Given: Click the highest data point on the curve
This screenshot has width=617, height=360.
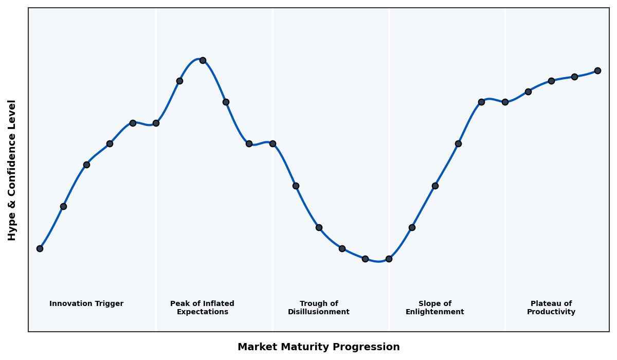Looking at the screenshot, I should (x=203, y=60).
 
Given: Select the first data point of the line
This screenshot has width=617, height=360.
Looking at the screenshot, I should (x=40, y=248).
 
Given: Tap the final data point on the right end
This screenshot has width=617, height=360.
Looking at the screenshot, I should (x=597, y=70).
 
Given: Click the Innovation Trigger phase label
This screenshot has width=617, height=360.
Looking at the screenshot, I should (x=86, y=304).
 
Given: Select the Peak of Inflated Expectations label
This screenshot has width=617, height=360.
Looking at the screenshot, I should (x=202, y=308).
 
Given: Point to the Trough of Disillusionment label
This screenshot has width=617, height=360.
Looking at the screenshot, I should (x=318, y=308).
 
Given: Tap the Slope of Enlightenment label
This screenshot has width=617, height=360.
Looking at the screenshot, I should (x=434, y=308).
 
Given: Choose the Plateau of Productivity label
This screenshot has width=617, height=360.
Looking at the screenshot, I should (x=551, y=308).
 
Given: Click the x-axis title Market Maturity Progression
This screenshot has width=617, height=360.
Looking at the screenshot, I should (x=318, y=347).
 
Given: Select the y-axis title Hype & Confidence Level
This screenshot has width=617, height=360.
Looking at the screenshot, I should (x=12, y=170).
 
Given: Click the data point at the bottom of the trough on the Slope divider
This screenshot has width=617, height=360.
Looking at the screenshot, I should (x=389, y=259).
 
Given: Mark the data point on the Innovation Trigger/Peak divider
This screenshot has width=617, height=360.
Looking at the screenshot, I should (x=156, y=123).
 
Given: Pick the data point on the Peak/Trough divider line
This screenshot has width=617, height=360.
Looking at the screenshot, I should (x=273, y=143).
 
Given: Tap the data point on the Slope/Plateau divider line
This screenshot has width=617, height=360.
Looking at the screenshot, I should (x=505, y=102).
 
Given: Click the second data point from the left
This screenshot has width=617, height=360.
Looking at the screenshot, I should (x=63, y=206).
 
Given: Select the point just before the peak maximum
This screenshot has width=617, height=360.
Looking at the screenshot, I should (x=179, y=81).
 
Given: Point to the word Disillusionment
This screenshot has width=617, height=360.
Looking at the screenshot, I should (x=318, y=312).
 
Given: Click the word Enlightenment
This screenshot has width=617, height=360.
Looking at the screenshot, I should (x=434, y=312).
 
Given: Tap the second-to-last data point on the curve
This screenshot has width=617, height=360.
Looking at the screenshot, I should (x=574, y=77).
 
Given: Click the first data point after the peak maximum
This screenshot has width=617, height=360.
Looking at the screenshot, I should (x=226, y=102).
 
